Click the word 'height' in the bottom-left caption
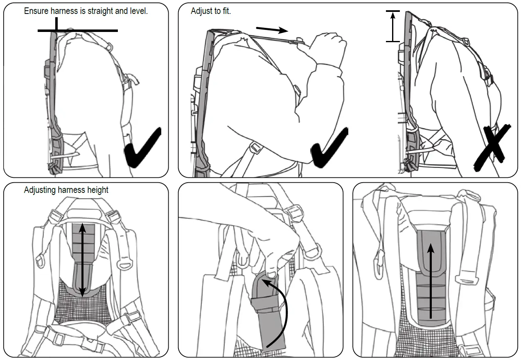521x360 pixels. tap(98, 190)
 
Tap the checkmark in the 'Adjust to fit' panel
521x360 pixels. tap(330, 147)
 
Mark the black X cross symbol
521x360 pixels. tap(493, 147)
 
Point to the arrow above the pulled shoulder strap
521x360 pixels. tap(272, 29)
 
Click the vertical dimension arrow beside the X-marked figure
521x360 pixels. tap(393, 27)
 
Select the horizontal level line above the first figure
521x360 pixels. tap(78, 30)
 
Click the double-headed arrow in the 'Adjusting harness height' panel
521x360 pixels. tap(82, 260)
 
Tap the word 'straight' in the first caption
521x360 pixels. tap(99, 11)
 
